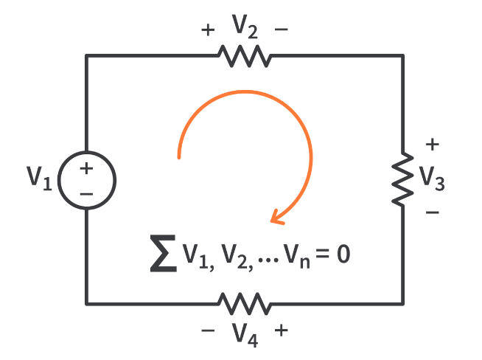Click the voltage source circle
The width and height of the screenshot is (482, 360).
(86, 179)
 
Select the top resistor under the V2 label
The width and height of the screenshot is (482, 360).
(245, 55)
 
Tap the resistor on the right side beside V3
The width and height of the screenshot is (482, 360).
(402, 179)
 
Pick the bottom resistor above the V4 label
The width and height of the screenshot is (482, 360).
(243, 302)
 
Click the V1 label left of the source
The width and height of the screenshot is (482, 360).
(39, 178)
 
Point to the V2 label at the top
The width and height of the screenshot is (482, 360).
(244, 27)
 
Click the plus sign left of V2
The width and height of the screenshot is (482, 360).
(208, 30)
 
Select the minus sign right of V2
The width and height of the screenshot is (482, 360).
(281, 30)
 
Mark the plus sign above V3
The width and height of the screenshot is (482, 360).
(433, 144)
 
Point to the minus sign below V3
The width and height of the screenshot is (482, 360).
(433, 212)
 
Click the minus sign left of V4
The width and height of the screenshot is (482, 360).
(208, 330)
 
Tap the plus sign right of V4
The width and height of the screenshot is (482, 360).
(281, 330)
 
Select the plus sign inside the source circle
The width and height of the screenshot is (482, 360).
(86, 168)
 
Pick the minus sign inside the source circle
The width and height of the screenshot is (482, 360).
(86, 193)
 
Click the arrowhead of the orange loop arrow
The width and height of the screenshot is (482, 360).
(276, 215)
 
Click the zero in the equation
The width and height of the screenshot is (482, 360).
(340, 255)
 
